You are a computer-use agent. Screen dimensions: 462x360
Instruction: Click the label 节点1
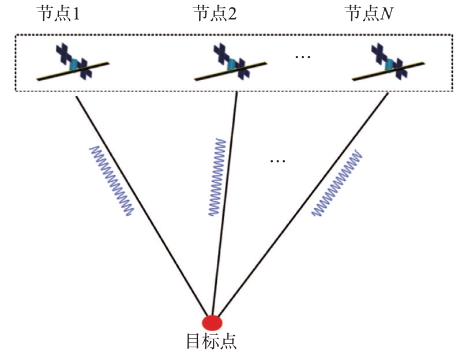coord(58,13)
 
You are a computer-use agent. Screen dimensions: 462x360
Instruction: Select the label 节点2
coord(215,13)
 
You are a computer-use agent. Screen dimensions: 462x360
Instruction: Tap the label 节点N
coord(370,13)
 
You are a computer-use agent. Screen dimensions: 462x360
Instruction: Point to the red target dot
coord(212,322)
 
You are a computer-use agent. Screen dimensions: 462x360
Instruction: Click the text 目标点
coord(212,342)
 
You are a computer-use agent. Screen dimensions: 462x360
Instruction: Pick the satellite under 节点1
coord(73,62)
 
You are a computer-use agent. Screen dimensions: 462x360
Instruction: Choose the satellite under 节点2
coord(231,62)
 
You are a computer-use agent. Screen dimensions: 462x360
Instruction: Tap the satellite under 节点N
coord(389,62)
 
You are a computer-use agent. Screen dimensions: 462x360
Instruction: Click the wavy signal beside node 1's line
coord(112,181)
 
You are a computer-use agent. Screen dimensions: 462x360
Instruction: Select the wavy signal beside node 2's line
coord(217,177)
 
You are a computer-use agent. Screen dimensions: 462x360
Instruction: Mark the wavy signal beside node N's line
coord(337,183)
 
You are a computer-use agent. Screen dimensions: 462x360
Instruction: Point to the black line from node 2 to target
coord(224,203)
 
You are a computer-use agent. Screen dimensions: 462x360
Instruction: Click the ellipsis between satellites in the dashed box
coord(303,57)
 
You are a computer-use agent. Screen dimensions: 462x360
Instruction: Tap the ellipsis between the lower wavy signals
coord(277,161)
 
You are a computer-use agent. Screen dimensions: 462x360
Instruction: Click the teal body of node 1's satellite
coord(74,64)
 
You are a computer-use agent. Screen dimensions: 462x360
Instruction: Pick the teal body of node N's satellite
coord(389,64)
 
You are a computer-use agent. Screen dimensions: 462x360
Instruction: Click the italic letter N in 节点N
coord(386,14)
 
